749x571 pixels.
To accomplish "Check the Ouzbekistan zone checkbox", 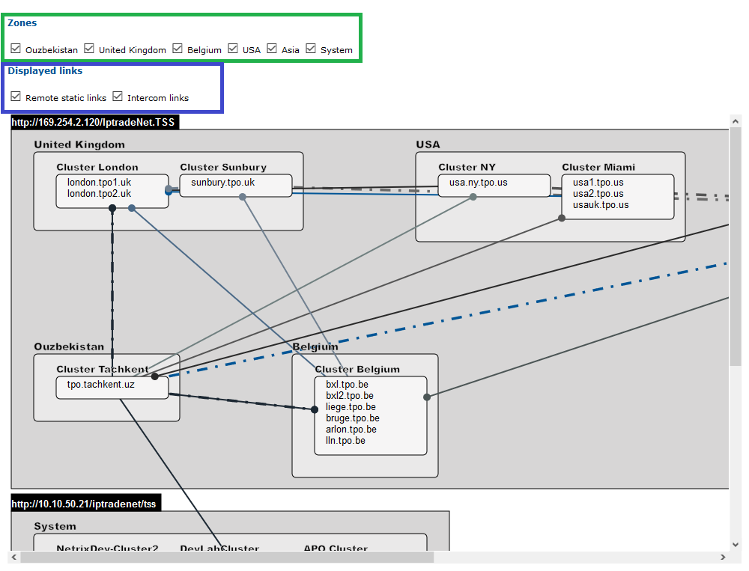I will point(16,49).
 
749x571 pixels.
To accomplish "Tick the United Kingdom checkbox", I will point(89,49).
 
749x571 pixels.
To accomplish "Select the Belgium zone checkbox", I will point(178,49).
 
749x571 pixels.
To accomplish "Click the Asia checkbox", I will point(272,49).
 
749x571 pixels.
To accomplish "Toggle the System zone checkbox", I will point(311,49).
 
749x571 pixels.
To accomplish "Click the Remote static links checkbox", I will point(16,97).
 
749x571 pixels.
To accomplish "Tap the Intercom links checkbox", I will point(118,97).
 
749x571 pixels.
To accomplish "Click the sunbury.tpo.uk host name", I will point(222,183).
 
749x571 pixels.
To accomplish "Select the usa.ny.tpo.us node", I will point(478,183).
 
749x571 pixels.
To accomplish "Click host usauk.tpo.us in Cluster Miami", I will point(601,205).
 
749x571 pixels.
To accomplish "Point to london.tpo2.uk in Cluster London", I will point(99,193).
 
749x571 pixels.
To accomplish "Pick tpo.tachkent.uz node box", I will point(100,385).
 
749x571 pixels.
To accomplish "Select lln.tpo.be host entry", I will point(345,441).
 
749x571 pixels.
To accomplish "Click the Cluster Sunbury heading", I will point(223,167).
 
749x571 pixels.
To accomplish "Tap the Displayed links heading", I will point(45,71).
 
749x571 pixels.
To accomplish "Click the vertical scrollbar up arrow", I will point(736,121).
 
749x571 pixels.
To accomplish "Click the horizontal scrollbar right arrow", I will point(724,558).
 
